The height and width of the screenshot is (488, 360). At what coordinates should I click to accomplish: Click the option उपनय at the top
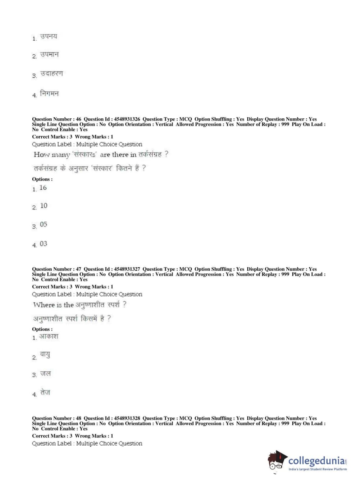49,36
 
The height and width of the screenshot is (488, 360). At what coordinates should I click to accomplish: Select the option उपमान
49,55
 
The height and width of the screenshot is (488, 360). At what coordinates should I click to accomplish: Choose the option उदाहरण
51,73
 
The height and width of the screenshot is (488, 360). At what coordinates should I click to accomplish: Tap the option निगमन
49,94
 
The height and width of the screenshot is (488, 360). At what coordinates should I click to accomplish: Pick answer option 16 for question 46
43,187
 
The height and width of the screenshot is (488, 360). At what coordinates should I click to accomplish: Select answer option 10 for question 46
44,205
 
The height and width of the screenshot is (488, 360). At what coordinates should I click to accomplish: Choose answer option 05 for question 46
44,224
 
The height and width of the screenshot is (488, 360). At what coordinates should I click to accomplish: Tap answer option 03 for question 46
44,244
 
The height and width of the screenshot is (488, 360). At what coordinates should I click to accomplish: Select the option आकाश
49,336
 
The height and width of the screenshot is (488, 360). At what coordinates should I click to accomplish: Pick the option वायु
45,355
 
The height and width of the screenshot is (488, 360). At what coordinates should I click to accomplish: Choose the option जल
45,374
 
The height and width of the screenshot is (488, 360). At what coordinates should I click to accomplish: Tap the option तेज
45,392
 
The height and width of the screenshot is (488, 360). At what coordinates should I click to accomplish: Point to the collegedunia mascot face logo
277,461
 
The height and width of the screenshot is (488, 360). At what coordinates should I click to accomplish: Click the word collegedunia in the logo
316,461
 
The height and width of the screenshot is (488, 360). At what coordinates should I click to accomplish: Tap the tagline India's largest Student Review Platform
318,469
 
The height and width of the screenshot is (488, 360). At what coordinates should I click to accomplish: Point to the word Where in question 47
44,305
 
